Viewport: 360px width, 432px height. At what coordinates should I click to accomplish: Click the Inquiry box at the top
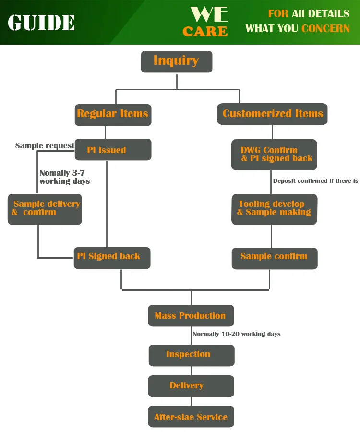pos(176,61)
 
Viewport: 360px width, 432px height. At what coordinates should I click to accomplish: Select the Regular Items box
pos(113,115)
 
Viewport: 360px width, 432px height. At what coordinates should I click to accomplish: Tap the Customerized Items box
pos(272,114)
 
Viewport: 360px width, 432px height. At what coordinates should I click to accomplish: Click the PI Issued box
pos(113,150)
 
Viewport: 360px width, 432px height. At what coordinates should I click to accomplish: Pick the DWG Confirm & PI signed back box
pos(274,155)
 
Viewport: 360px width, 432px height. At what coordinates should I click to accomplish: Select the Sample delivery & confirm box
pos(45,209)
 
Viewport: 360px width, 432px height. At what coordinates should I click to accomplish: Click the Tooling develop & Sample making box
pos(274,209)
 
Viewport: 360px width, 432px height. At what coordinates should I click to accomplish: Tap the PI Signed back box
pos(112,257)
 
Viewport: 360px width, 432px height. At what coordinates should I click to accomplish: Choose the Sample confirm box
pos(274,258)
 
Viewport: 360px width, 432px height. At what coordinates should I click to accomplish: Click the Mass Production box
pos(191,316)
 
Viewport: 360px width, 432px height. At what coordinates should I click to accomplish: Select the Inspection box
pos(191,355)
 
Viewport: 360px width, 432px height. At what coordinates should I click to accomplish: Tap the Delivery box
pos(191,386)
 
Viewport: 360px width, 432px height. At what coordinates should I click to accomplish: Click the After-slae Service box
pos(191,417)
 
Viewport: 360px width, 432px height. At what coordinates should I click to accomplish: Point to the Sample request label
pos(45,145)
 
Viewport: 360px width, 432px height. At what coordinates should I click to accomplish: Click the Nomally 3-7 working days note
pos(64,177)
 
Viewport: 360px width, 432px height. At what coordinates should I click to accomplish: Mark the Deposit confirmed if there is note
pos(315,181)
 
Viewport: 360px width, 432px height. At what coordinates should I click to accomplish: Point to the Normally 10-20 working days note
pos(236,334)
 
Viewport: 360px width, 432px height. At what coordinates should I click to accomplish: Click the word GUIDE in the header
pos(41,23)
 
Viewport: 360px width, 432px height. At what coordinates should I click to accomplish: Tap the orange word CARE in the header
pos(205,32)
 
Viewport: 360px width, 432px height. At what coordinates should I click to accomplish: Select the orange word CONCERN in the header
pos(325,28)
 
